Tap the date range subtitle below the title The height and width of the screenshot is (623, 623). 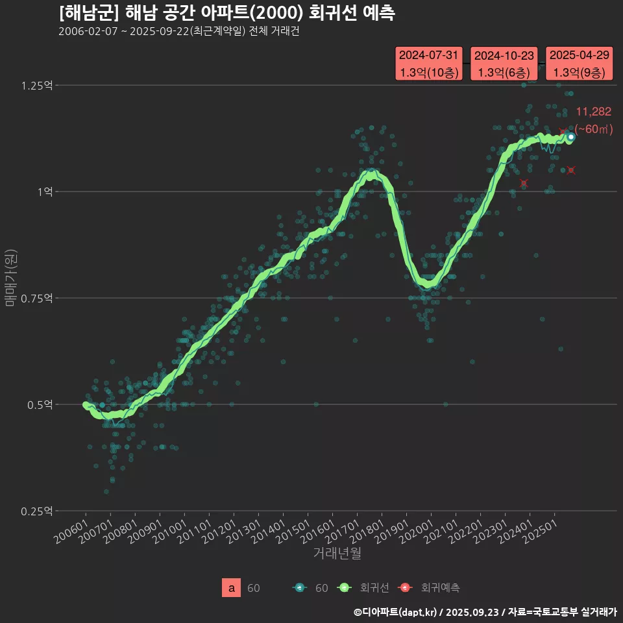(178, 32)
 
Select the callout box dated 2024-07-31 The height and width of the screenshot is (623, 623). (429, 64)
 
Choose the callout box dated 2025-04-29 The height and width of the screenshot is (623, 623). (580, 64)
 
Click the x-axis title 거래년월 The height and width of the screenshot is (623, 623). (337, 553)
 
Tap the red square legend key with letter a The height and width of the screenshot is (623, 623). (232, 588)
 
